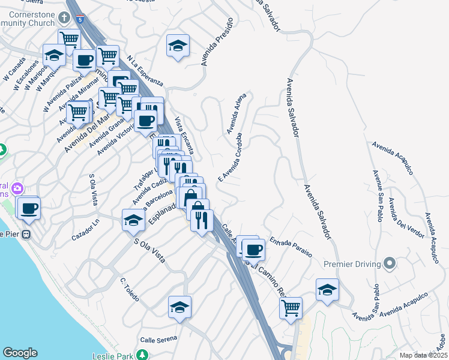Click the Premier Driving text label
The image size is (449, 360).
352,264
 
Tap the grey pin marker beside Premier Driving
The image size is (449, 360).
390,263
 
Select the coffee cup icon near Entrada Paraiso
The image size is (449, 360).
253,248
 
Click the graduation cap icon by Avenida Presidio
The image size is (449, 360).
178,46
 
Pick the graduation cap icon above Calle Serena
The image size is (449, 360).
179,308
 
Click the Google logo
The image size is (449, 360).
20,353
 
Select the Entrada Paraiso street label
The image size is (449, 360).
291,247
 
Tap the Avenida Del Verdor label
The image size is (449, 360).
406,217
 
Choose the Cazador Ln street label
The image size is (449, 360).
85,230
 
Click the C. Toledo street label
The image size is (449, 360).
130,289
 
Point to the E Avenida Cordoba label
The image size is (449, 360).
229,160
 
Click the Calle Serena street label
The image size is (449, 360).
159,339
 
